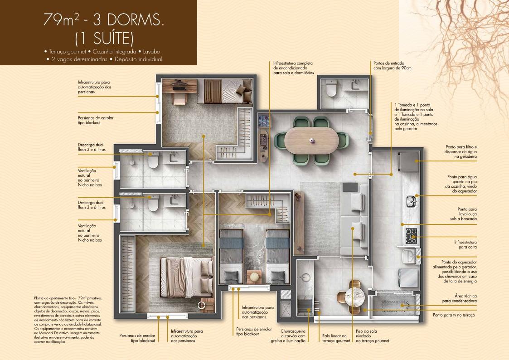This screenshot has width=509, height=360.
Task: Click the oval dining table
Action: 312,140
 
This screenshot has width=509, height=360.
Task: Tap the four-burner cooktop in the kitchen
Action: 411,236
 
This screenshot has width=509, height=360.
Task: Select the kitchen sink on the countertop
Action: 412,202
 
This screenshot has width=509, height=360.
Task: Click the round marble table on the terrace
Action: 354,297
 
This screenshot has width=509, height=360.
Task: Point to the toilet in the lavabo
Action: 331,88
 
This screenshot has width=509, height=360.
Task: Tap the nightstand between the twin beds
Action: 254,277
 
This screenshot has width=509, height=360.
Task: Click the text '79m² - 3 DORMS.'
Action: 103,20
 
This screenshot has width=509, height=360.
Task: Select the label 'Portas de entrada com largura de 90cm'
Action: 392,66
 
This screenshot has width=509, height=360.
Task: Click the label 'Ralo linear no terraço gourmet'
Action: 336,338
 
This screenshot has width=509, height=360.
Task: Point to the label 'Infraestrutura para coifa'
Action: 465,244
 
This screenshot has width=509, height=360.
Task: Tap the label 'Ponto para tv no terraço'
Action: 454,315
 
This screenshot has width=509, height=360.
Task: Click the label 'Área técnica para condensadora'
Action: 459,298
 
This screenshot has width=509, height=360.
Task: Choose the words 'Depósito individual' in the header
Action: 138,59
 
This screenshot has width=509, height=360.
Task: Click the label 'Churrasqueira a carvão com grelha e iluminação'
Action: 288,336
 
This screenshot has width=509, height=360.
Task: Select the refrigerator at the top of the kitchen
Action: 408,161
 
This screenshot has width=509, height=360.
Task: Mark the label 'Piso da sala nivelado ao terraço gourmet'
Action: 372,336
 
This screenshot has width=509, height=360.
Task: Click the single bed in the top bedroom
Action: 225,91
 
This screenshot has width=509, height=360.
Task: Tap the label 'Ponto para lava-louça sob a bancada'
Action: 463,214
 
